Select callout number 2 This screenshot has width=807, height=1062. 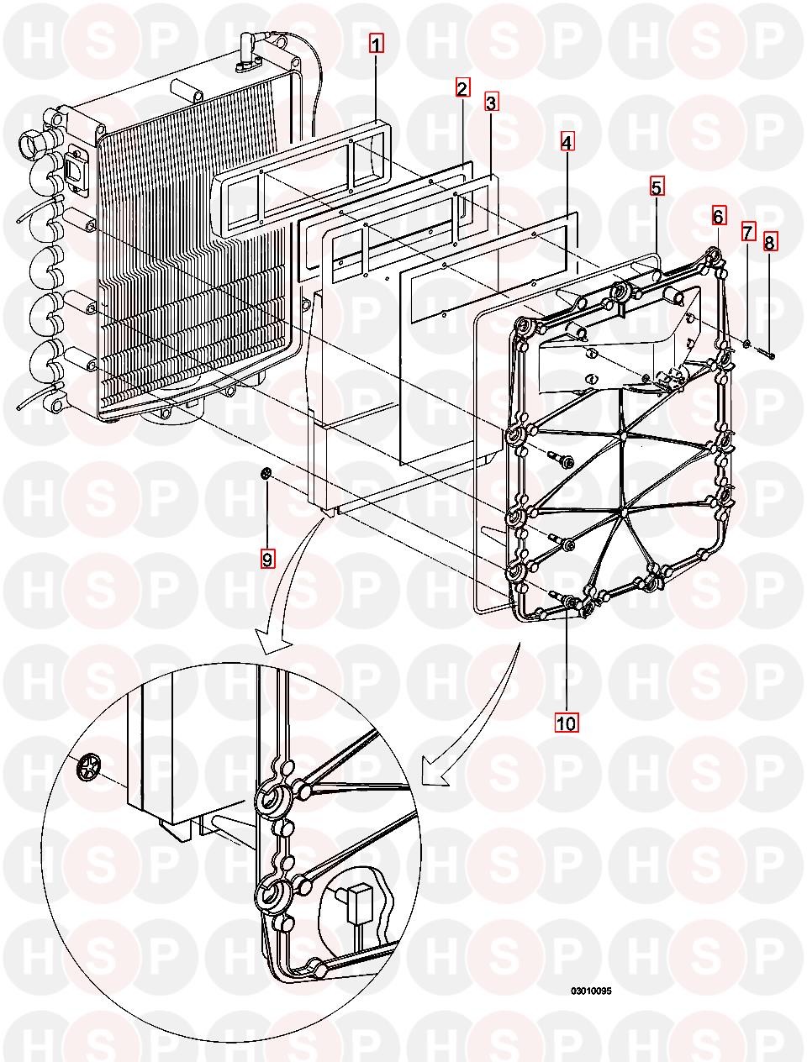tap(462, 87)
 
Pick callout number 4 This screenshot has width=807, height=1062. tap(567, 144)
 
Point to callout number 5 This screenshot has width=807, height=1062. tap(657, 187)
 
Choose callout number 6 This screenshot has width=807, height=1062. tap(718, 216)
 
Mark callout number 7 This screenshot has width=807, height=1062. tap(747, 232)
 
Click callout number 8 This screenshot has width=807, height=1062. tap(770, 244)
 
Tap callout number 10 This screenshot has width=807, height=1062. tap(566, 723)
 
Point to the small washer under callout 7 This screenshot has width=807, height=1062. tap(746, 342)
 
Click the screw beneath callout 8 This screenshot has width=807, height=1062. tap(764, 352)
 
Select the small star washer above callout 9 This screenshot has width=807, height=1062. tap(265, 476)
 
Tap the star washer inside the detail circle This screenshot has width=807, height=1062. tap(86, 767)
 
